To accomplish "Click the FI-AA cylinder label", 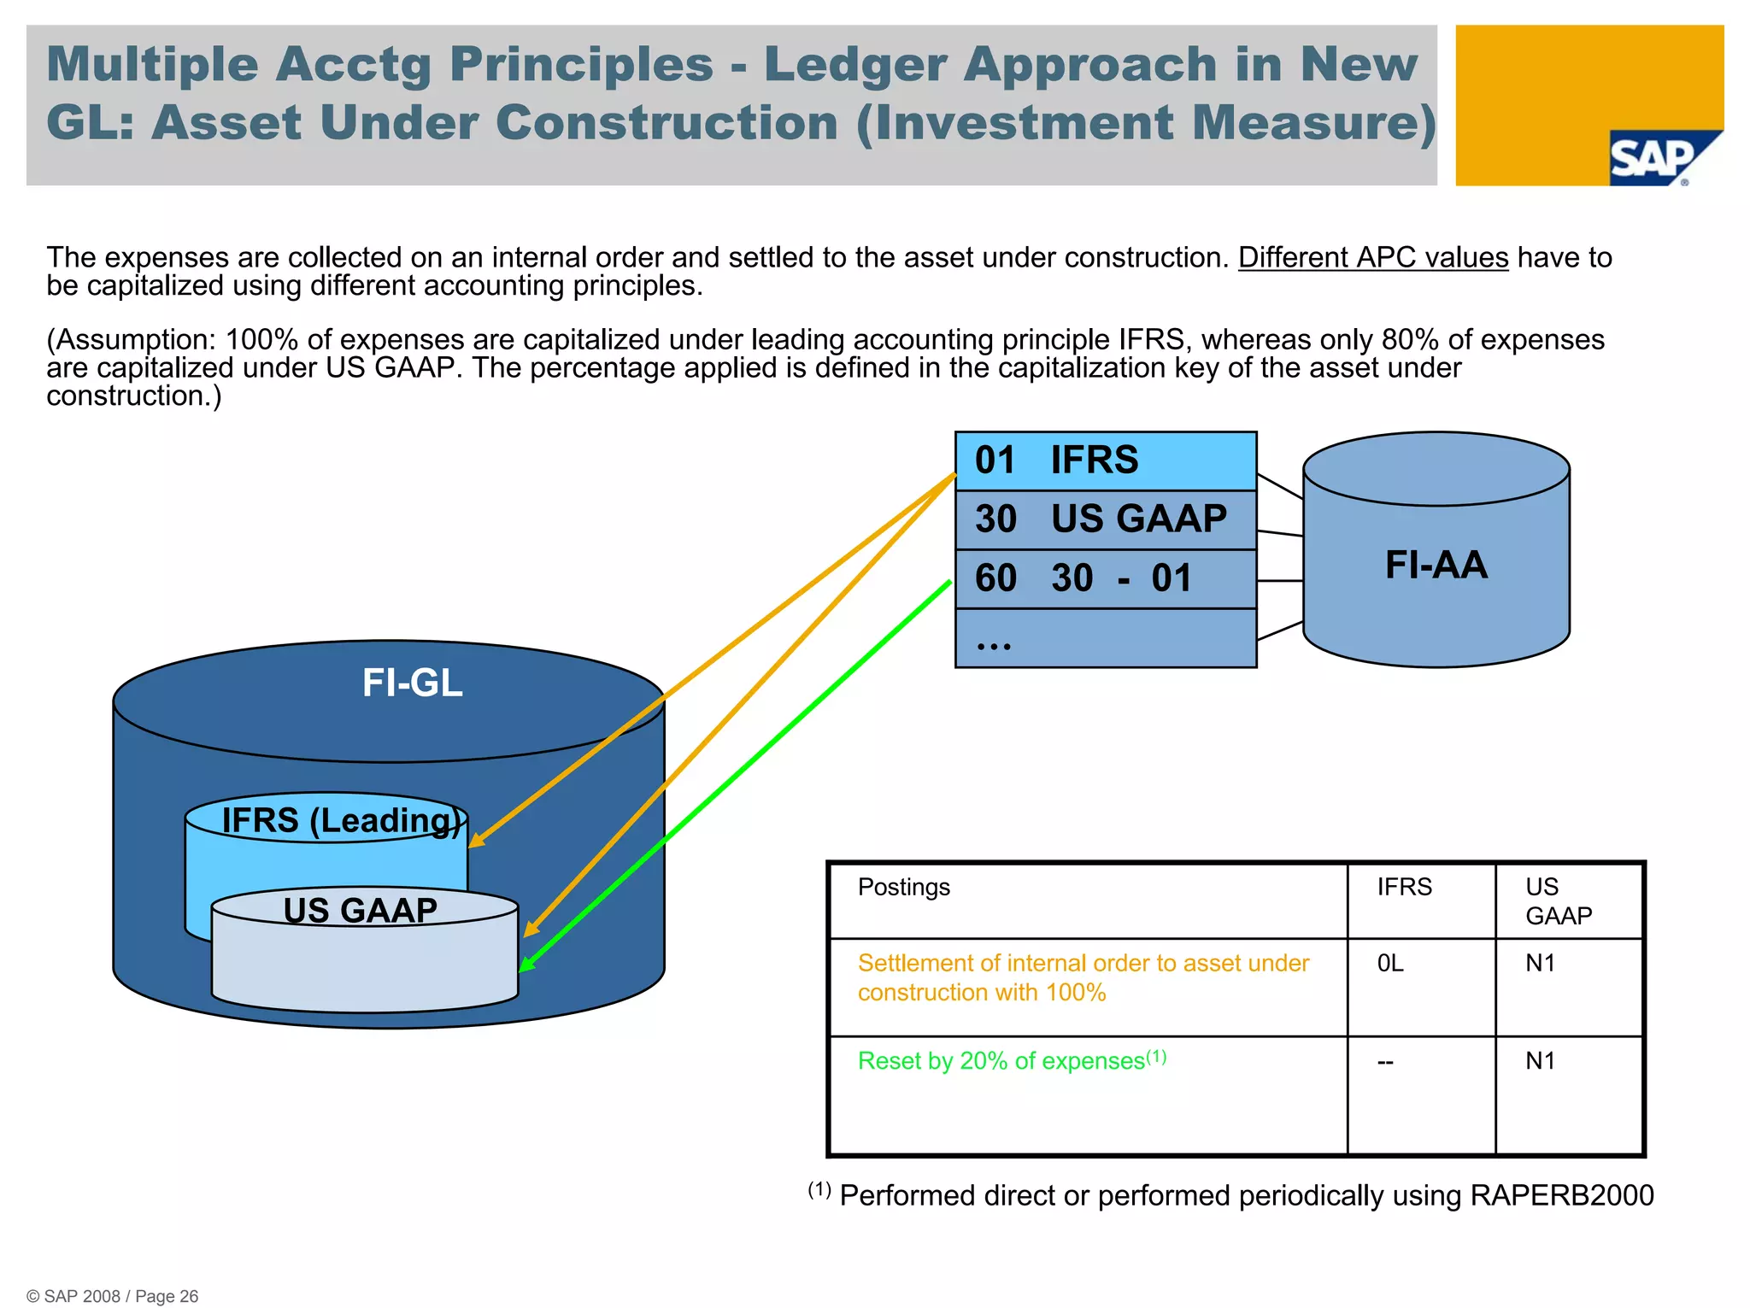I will click(x=1436, y=565).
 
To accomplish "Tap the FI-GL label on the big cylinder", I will click(x=412, y=683).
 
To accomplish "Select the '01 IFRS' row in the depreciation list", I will click(x=1104, y=460).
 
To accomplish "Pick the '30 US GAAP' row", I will click(x=1104, y=519).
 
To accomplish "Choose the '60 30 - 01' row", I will click(x=1104, y=578).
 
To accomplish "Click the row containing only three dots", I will click(x=1104, y=638).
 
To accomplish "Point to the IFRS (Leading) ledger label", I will click(x=340, y=820).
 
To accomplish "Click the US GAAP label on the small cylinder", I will click(x=360, y=910).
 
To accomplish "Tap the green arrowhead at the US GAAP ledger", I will click(x=526, y=965).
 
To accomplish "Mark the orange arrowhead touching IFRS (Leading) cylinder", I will click(x=476, y=842).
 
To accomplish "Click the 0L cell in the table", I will click(x=1390, y=964).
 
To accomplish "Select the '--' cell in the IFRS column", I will click(x=1385, y=1062).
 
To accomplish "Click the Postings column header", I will click(x=903, y=887).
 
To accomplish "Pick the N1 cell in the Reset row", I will click(x=1540, y=1061).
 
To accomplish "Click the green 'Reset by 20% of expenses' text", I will click(x=1001, y=1061).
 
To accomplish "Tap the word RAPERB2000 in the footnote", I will click(x=1561, y=1195).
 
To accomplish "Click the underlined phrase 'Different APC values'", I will click(x=1372, y=257).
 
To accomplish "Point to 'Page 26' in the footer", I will click(x=167, y=1296).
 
